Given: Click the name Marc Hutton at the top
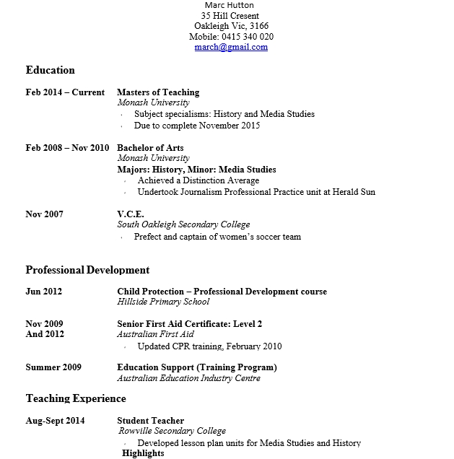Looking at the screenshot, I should [x=230, y=5].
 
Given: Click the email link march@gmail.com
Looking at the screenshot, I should [x=231, y=47].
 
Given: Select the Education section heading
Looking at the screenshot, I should [x=50, y=70].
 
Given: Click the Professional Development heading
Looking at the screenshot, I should [x=87, y=270].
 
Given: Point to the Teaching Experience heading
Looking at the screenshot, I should [x=76, y=398].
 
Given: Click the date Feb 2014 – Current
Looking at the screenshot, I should [x=65, y=92].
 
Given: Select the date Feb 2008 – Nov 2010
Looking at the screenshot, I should [x=67, y=148].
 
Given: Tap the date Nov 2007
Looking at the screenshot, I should [x=44, y=214].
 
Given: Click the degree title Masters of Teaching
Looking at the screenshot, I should [x=158, y=92].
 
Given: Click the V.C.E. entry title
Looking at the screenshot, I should [x=131, y=214].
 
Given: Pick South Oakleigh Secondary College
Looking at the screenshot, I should [x=183, y=225].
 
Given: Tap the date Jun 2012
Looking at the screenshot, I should [x=43, y=292].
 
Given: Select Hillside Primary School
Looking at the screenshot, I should [x=163, y=302].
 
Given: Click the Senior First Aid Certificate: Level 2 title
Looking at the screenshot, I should [x=189, y=324].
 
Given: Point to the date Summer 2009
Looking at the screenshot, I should [x=53, y=367].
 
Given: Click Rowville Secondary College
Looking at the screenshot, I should [x=173, y=431].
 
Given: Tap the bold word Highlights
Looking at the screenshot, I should [x=143, y=453].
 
